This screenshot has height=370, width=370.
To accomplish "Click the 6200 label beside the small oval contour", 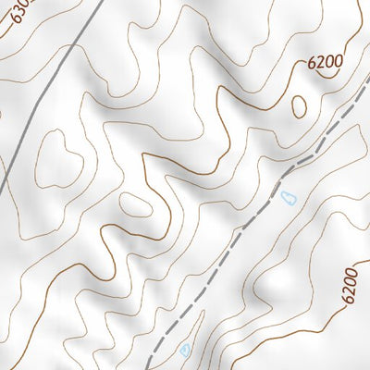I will pos(326,63).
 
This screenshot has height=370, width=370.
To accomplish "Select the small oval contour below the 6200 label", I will pos(299,106).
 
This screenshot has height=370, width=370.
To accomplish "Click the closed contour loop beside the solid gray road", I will pos(55,153).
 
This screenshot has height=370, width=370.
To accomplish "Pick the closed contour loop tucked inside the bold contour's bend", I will pos(135,204).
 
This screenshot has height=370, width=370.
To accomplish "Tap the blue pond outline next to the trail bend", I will pos(288,197).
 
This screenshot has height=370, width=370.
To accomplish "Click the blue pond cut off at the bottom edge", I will pos(184,350).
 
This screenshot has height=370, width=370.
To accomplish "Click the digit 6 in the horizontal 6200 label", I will pos(312,66).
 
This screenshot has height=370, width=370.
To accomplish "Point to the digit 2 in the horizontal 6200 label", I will pos(321,64).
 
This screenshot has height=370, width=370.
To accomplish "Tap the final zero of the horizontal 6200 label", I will pos(339,61).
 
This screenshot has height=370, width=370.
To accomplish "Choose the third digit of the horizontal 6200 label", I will pos(330,62).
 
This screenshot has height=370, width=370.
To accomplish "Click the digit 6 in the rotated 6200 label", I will pos(349,300).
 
